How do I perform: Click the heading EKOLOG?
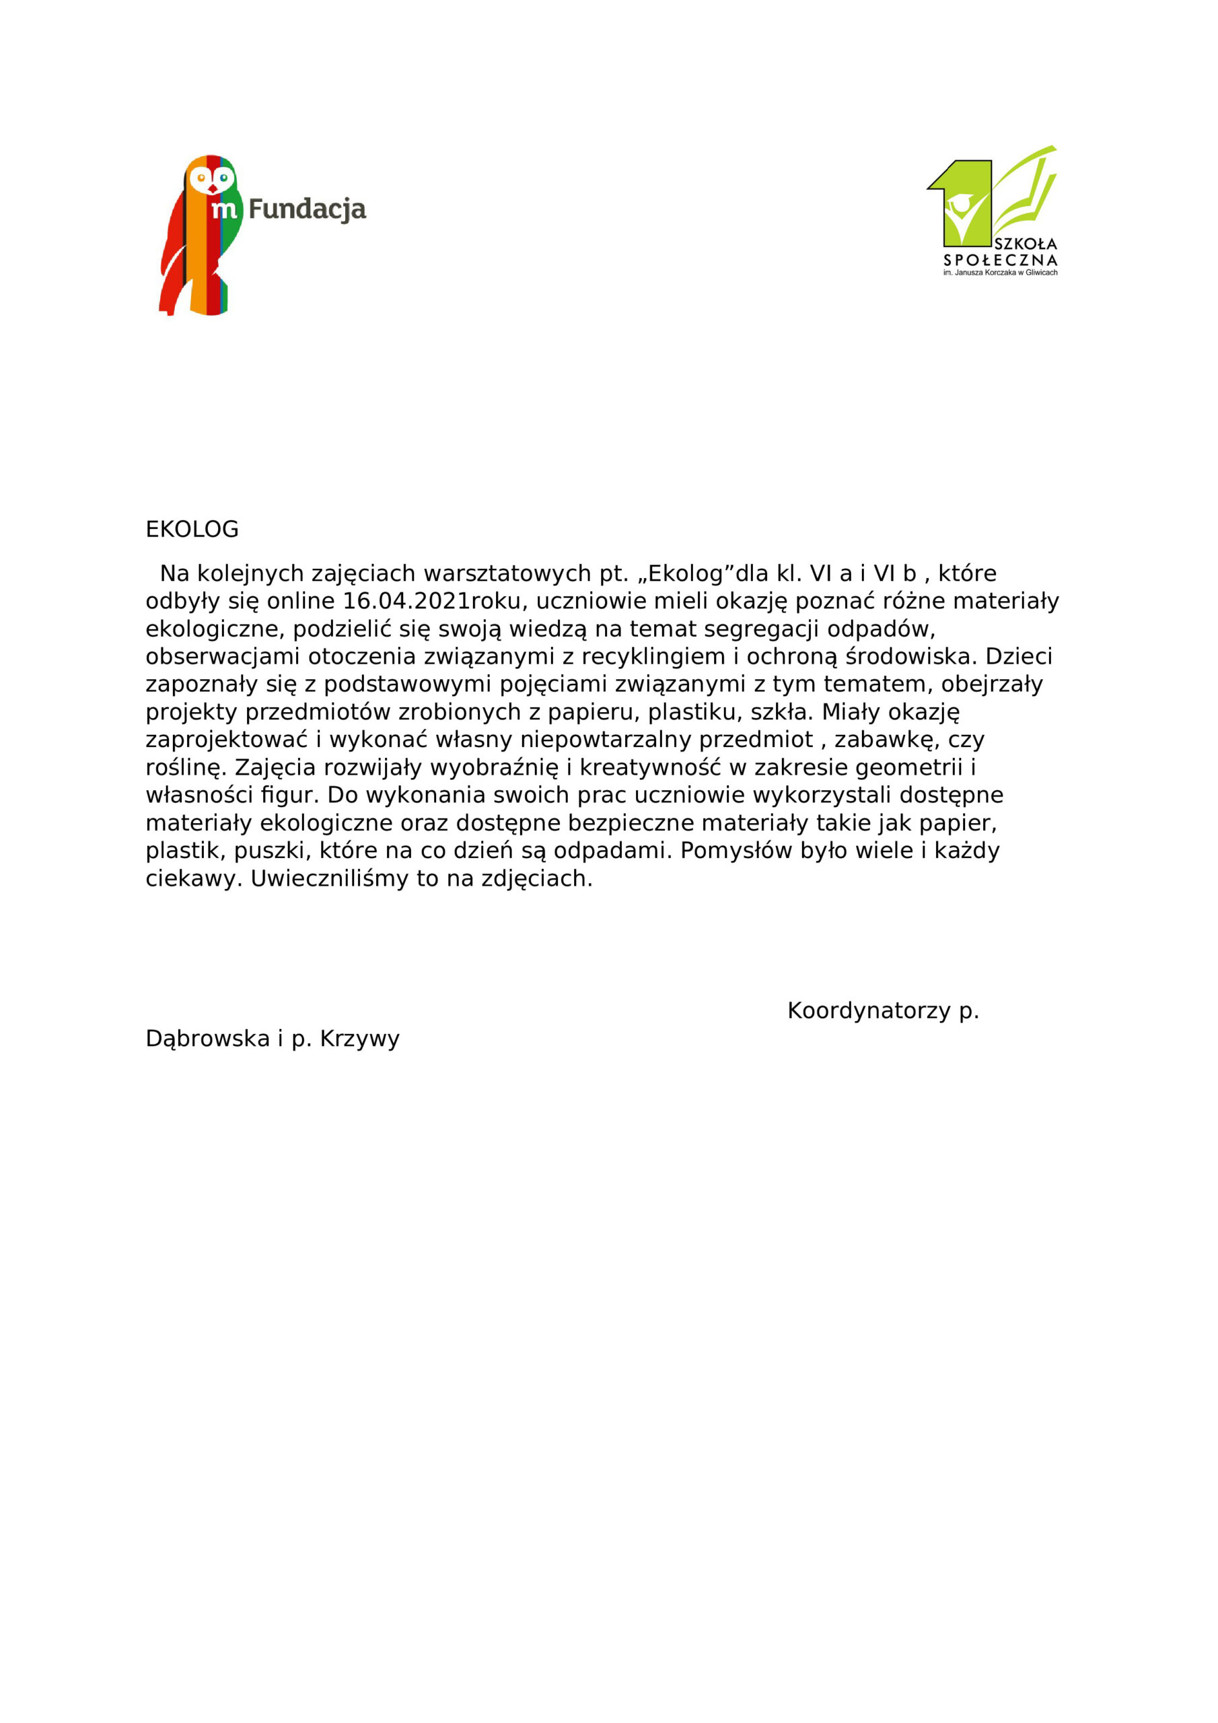(x=191, y=530)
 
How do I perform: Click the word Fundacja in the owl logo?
(x=307, y=209)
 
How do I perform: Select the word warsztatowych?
(x=507, y=573)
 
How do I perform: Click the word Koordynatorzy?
(x=869, y=1011)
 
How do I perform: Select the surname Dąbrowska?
(x=207, y=1039)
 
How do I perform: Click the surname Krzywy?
(x=359, y=1039)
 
